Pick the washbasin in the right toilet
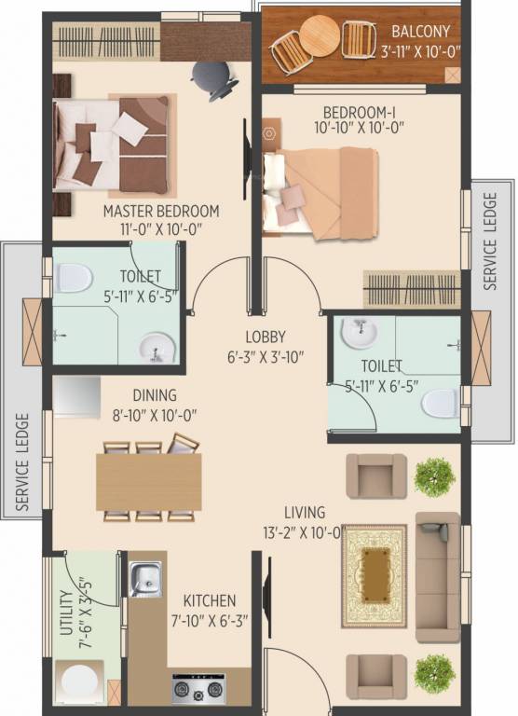[x=357, y=332]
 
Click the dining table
[x=149, y=482]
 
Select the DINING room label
[x=154, y=396]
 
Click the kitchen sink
[x=144, y=579]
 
